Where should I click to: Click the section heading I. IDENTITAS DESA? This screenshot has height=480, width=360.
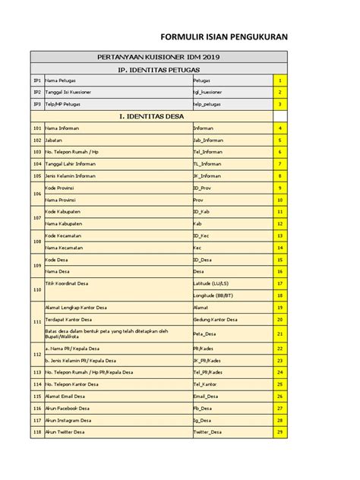pos(159,116)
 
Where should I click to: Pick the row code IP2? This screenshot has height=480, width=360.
pos(36,92)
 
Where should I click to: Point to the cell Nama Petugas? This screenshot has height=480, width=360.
pos(61,80)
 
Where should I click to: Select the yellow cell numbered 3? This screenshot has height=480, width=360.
pos(280,104)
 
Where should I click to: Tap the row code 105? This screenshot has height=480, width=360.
pos(36,175)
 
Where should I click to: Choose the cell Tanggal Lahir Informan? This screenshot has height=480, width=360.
pos(71,163)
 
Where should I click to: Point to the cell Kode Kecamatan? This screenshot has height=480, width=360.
pos(64,235)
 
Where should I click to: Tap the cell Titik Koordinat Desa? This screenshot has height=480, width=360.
pos(68,283)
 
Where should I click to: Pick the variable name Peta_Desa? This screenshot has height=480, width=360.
pos(206,333)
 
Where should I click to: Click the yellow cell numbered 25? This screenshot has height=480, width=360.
pos(280,384)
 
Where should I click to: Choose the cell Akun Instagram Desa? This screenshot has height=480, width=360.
pos(68,420)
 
